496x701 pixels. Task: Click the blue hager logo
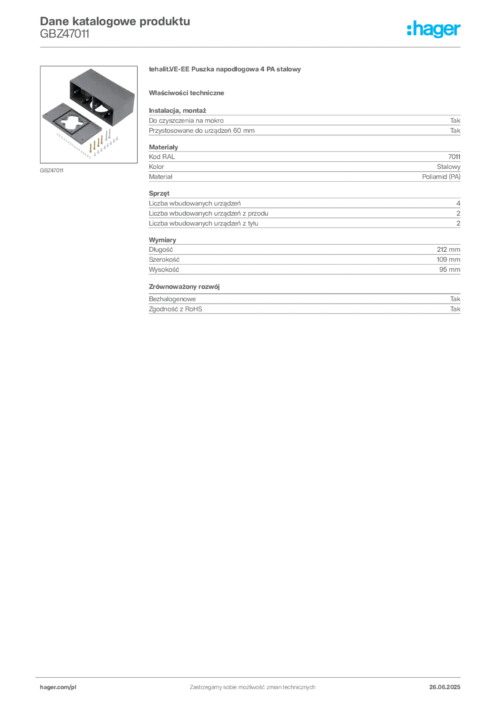point(434,30)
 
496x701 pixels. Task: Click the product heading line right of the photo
point(226,71)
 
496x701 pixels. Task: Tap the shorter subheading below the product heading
point(188,92)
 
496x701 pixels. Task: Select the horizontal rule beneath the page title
point(251,46)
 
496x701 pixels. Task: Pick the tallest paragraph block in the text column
point(303,210)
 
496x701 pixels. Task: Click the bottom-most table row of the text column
point(303,310)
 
